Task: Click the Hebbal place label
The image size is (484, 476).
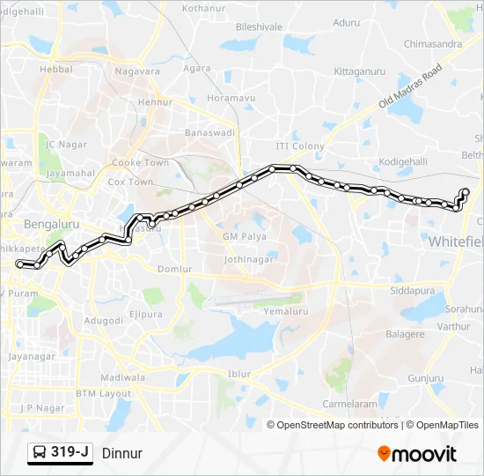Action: tap(55, 69)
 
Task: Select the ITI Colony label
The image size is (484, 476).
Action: tap(300, 146)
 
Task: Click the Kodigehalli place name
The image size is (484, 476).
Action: tap(402, 161)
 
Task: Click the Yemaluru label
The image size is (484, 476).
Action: tap(283, 310)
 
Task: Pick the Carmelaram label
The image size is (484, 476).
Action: tap(348, 403)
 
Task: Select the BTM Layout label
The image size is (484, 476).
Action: tap(103, 393)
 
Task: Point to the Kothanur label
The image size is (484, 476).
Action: tap(204, 8)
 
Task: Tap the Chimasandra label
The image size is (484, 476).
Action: tap(432, 43)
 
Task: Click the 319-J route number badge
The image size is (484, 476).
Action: tap(70, 452)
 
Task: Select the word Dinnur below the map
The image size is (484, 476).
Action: tap(121, 453)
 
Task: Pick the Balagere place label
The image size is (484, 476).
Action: tap(405, 334)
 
